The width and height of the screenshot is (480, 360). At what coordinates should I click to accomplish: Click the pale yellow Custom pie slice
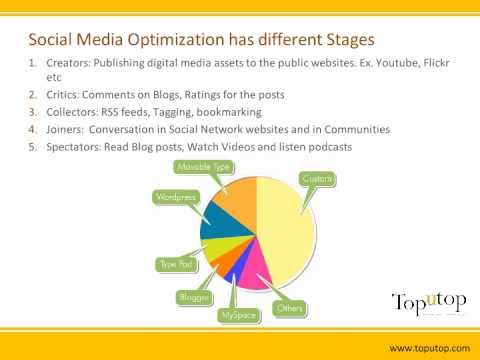point(287,230)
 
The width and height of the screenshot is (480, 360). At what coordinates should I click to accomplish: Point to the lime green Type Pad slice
point(222,248)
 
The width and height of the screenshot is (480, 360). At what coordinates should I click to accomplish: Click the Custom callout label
point(318,179)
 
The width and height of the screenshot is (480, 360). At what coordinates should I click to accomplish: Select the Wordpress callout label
point(176,197)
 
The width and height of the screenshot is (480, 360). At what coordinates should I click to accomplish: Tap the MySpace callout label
point(239,315)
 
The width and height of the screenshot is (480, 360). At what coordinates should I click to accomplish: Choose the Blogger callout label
point(194,297)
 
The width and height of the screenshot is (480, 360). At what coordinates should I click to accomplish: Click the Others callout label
point(290,308)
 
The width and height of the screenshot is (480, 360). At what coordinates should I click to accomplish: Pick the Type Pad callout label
point(177,265)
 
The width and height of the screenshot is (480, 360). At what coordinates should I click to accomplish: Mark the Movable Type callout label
point(203,167)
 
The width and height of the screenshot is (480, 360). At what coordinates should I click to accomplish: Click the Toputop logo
point(429,303)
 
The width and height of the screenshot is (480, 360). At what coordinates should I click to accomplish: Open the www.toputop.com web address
point(430,348)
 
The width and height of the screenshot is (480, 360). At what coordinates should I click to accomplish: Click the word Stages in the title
point(350,40)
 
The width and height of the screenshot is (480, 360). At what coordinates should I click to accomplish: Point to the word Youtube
point(397,63)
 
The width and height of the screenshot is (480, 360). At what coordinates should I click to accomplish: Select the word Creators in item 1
point(68,63)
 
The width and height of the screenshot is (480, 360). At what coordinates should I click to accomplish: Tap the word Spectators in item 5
point(74,147)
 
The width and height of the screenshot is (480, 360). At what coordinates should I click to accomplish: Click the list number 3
point(32,112)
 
